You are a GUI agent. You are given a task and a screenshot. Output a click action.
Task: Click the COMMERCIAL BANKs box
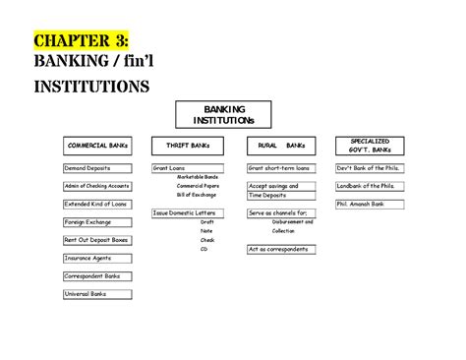coord(97,146)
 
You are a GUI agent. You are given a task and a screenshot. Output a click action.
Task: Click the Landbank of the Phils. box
coord(371,186)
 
